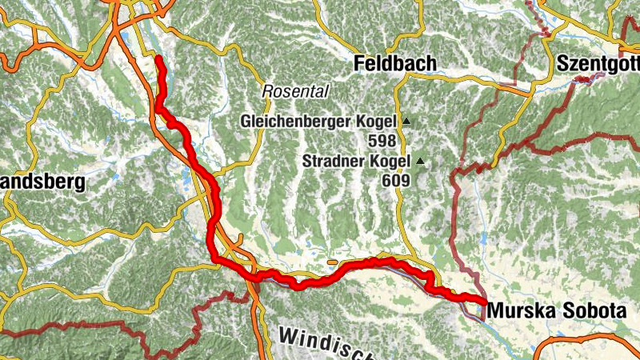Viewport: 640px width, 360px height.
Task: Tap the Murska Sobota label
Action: pos(552,307)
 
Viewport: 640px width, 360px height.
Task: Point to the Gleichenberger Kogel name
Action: pos(318,122)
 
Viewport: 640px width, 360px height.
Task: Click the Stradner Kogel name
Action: pos(355,162)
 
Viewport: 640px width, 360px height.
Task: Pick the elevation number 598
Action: pos(382,141)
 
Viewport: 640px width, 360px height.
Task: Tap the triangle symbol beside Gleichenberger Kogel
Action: pos(406,122)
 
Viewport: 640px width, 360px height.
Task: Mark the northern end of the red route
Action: pos(158,59)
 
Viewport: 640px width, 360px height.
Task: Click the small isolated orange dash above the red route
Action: pos(332,261)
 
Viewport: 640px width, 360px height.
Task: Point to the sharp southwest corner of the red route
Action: pos(215,258)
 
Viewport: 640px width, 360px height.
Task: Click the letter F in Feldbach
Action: pos(359,63)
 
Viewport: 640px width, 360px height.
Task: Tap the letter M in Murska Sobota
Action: pos(495,307)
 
